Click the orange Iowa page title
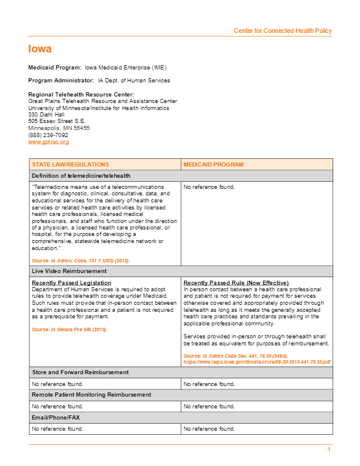pyautogui.click(x=40, y=49)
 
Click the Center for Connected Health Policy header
pyautogui.click(x=282, y=31)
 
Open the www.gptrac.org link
pyautogui.click(x=49, y=142)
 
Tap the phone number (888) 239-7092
pyautogui.click(x=48, y=135)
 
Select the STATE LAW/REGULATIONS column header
pyautogui.click(x=62, y=165)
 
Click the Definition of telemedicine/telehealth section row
pyautogui.click(x=81, y=175)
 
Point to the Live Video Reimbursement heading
pyautogui.click(x=69, y=271)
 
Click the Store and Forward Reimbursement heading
pyautogui.click(x=80, y=372)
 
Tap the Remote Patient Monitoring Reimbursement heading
pyautogui.click(x=91, y=394)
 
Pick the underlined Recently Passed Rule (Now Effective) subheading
pyautogui.click(x=236, y=283)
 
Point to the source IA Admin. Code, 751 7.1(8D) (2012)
pyautogui.click(x=81, y=260)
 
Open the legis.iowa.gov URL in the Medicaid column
pyautogui.click(x=257, y=362)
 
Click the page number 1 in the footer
pyautogui.click(x=329, y=450)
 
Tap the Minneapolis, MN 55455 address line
pyautogui.click(x=59, y=128)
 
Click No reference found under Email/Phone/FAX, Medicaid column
pyautogui.click(x=209, y=429)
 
